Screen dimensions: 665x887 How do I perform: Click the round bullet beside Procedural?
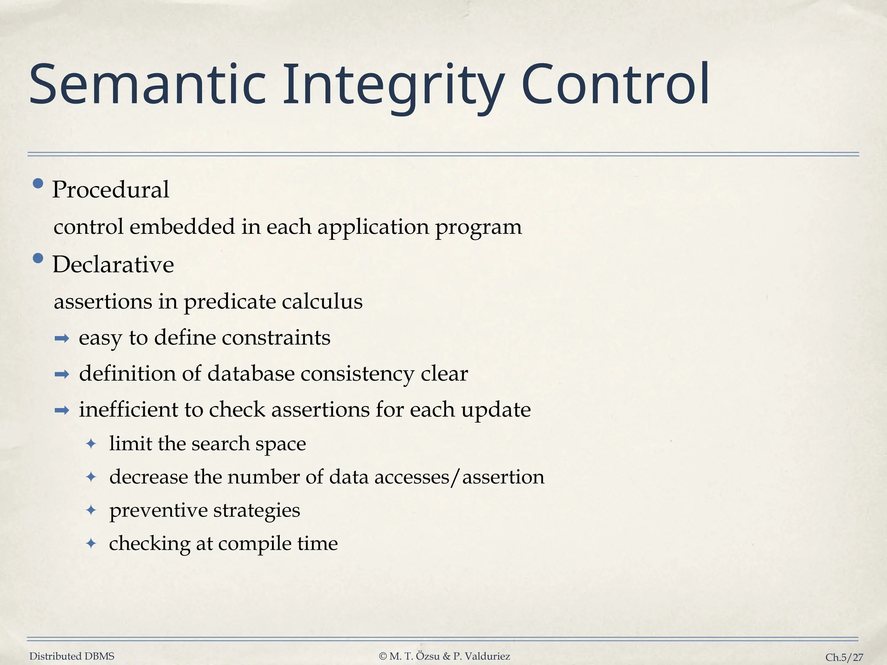click(x=38, y=184)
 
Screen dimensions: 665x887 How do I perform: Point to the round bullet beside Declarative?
click(x=38, y=258)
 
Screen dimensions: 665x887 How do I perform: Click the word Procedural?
click(x=110, y=190)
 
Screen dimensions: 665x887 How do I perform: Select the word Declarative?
click(x=113, y=265)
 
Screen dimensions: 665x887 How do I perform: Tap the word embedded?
click(x=182, y=226)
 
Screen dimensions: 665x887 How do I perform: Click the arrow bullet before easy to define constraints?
click(x=62, y=339)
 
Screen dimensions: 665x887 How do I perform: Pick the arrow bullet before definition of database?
click(x=62, y=374)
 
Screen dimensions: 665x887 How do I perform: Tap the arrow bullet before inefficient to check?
click(x=62, y=410)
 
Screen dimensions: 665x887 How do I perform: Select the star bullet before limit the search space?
click(x=91, y=444)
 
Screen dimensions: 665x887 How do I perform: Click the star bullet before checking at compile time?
click(x=91, y=543)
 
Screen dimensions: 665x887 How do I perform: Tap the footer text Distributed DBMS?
click(x=72, y=656)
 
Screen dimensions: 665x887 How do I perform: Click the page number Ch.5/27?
click(x=844, y=657)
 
